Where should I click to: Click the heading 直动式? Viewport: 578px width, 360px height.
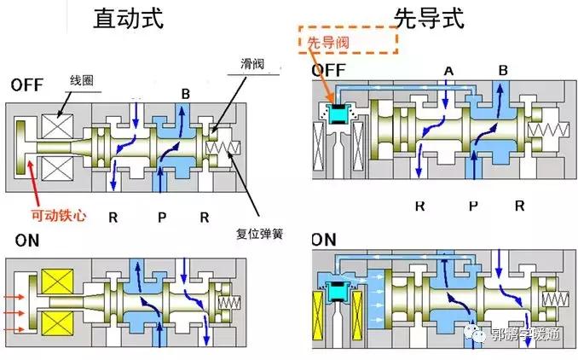tap(127, 18)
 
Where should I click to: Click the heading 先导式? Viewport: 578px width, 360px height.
tap(428, 18)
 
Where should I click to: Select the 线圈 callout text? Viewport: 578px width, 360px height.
tap(81, 82)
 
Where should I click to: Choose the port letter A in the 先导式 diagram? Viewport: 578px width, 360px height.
tap(448, 69)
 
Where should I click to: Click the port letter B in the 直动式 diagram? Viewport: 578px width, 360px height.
tap(185, 93)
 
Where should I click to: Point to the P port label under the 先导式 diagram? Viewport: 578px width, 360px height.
tap(471, 206)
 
